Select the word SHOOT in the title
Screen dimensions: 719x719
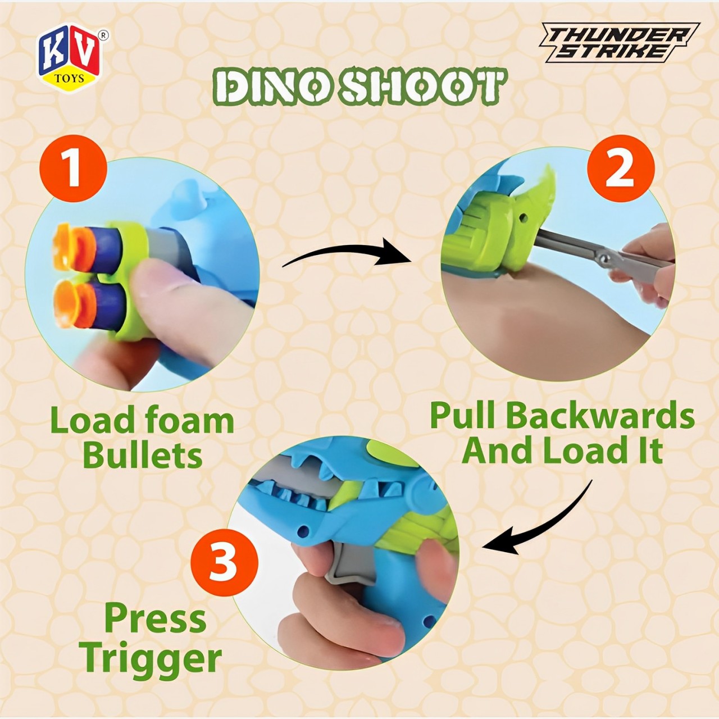(423, 88)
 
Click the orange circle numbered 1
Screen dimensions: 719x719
(74, 169)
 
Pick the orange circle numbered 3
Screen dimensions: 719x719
(224, 562)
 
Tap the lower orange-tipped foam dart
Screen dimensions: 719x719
(89, 303)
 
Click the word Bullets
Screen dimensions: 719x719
(143, 454)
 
